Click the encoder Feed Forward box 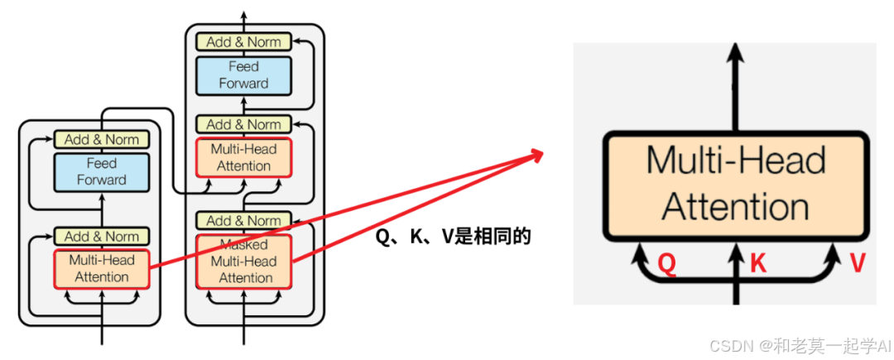pyautogui.click(x=102, y=171)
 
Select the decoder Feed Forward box pyautogui.click(x=243, y=74)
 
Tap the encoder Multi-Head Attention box pyautogui.click(x=102, y=268)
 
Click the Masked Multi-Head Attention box pyautogui.click(x=243, y=262)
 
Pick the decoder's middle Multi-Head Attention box pyautogui.click(x=243, y=157)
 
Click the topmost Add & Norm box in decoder pyautogui.click(x=243, y=41)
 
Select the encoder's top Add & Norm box pyautogui.click(x=102, y=140)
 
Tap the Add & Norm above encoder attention pyautogui.click(x=102, y=237)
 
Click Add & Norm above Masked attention pyautogui.click(x=243, y=221)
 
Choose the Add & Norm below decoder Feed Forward pyautogui.click(x=243, y=124)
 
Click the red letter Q pyautogui.click(x=668, y=264)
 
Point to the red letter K pyautogui.click(x=758, y=264)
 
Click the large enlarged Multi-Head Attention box pyautogui.click(x=736, y=184)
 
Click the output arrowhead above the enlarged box pyautogui.click(x=735, y=54)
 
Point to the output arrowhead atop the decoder pyautogui.click(x=243, y=15)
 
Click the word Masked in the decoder pyautogui.click(x=243, y=246)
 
